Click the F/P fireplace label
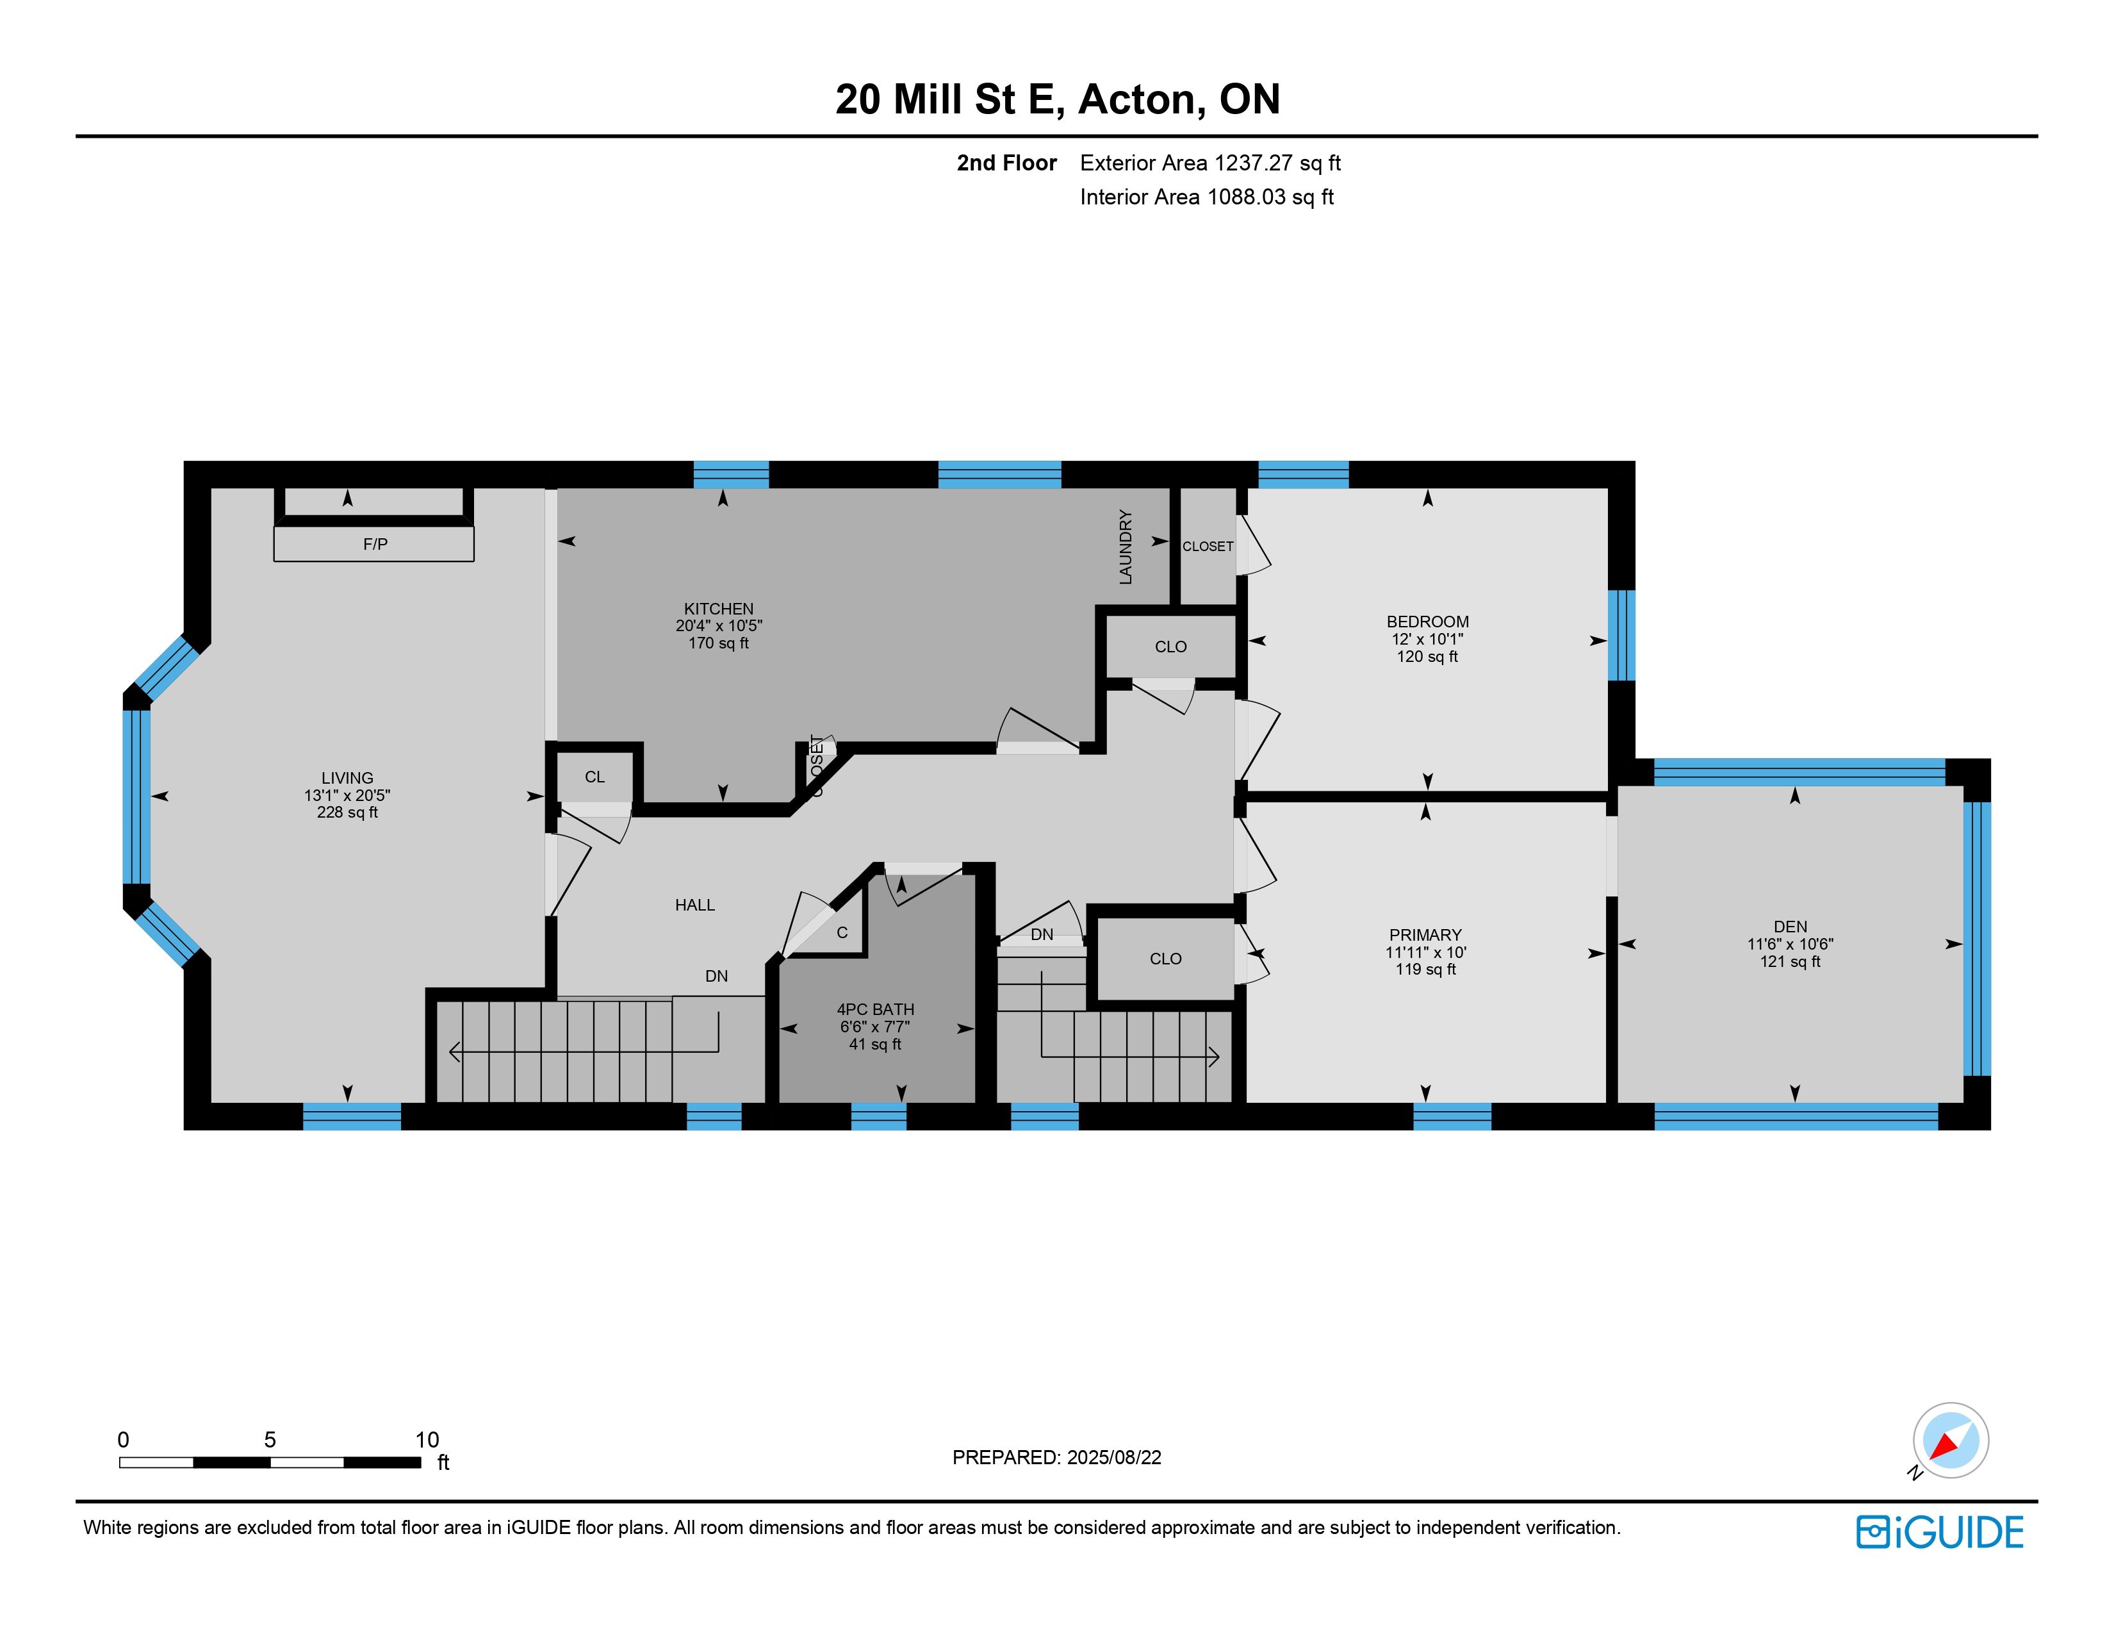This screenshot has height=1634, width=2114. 375,544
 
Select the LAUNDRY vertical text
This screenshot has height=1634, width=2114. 1126,547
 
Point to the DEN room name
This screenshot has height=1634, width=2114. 1790,927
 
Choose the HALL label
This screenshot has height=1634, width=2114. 695,905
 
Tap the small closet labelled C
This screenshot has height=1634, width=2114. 842,932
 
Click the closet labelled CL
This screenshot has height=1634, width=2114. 594,777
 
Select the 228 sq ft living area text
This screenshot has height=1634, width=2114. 347,812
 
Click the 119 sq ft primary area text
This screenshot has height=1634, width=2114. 1426,969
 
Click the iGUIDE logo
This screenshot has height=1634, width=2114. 1940,1532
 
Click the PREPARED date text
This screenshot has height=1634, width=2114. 1057,1457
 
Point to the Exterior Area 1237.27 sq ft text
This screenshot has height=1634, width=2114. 1210,163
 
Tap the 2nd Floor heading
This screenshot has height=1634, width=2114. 1006,163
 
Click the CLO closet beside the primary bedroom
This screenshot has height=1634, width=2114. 1165,959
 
